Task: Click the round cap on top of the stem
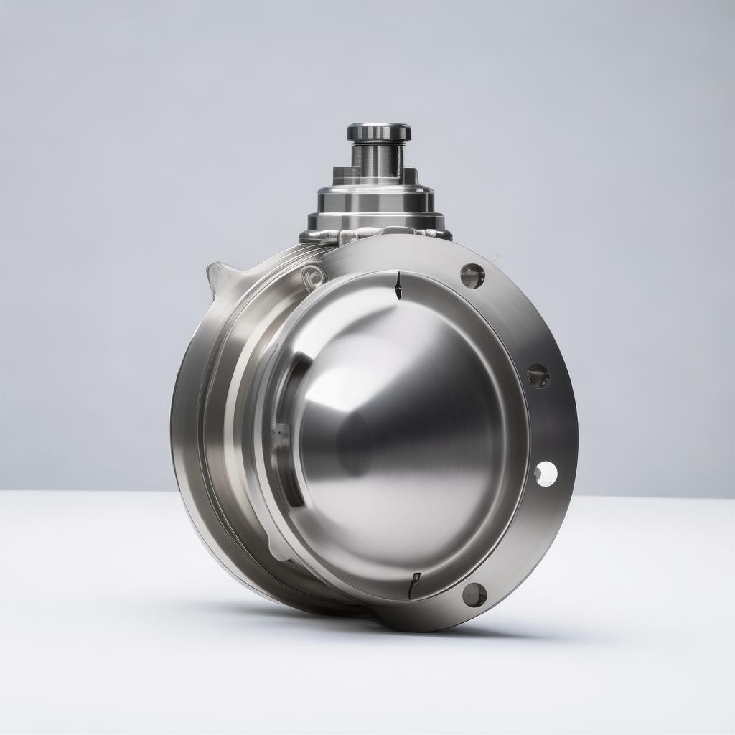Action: click(x=379, y=132)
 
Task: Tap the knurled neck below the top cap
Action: click(x=378, y=159)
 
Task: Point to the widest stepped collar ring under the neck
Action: click(x=375, y=220)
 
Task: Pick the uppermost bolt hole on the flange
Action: click(x=472, y=276)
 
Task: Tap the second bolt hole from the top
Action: click(x=538, y=375)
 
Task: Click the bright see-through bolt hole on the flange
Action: click(x=546, y=473)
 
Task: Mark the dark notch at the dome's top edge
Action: click(x=397, y=286)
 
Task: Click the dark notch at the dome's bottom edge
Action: click(x=414, y=585)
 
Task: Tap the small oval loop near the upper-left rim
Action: click(x=313, y=276)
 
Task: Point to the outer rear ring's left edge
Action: click(x=175, y=423)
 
